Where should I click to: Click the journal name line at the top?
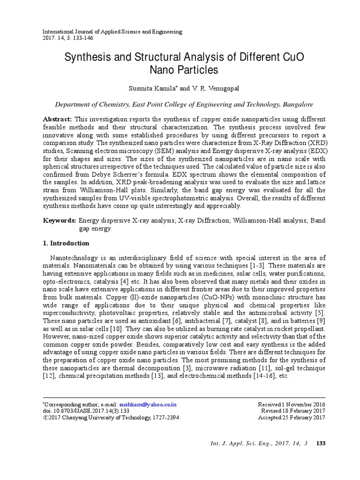click(x=112, y=31)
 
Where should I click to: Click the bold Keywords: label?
click(x=60, y=220)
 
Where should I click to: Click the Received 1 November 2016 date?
click(x=292, y=404)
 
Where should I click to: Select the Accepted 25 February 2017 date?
click(x=292, y=418)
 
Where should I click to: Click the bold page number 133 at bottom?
click(x=321, y=444)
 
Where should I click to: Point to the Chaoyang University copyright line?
click(x=111, y=418)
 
